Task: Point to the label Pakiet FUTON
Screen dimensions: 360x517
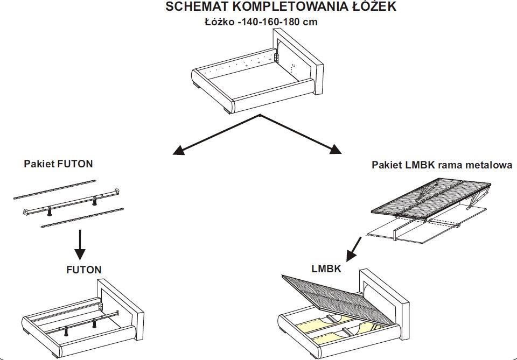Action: [58, 164]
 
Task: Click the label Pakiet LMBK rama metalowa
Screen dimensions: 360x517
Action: [442, 165]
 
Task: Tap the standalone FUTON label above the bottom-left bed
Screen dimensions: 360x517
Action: [83, 270]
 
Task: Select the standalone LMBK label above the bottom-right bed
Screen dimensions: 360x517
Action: [326, 269]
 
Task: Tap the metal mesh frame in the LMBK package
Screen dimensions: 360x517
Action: [431, 199]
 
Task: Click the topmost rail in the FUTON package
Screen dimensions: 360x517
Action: [54, 190]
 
